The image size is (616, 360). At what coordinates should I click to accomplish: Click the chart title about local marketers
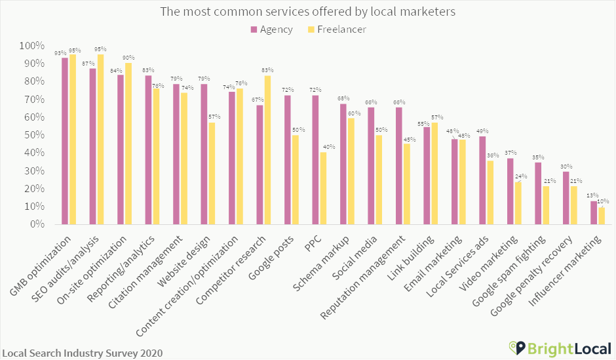point(308,12)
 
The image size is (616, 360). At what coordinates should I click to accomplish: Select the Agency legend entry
point(270,29)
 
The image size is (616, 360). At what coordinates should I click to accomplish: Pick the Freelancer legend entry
point(337,29)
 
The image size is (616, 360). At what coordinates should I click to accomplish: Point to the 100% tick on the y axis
point(30,47)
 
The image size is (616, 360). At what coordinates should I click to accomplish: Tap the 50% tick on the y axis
point(32,135)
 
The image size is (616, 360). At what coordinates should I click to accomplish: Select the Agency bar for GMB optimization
point(65,141)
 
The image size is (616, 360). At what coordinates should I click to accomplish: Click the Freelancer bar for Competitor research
point(267,150)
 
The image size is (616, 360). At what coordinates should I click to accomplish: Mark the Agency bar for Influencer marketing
point(594,212)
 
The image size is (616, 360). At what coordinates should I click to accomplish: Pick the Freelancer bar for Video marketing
point(518,203)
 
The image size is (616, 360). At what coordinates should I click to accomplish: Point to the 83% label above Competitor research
point(267,70)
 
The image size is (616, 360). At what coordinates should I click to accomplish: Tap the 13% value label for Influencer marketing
point(592,195)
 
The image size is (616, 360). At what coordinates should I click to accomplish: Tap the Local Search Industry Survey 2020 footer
point(82,353)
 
